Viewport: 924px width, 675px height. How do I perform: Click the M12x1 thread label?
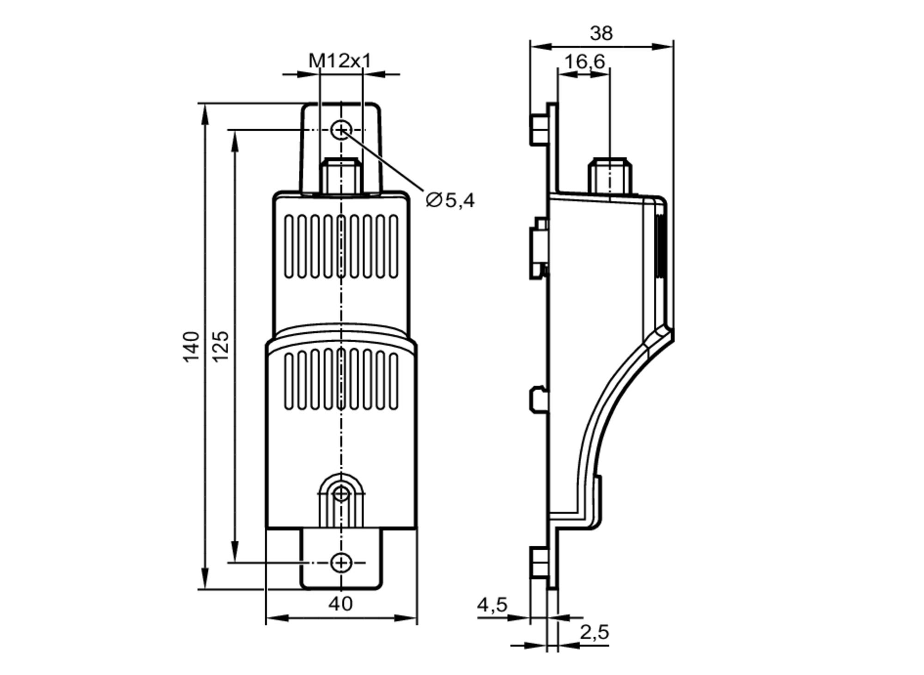pos(340,60)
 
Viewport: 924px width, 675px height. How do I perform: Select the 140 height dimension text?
pos(191,346)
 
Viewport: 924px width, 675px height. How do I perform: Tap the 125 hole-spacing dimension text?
pos(220,346)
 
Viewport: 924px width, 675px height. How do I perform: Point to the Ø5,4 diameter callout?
pos(450,200)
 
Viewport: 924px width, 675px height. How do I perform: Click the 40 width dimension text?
pos(340,603)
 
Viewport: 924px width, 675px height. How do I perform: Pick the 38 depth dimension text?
pos(601,33)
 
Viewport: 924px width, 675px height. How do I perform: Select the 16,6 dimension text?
pos(584,61)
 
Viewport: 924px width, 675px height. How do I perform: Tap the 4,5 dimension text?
pos(492,604)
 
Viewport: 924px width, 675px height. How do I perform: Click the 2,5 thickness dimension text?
pos(595,632)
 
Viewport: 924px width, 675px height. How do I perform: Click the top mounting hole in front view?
pos(341,130)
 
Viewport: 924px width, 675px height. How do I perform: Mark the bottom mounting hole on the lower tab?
pos(341,563)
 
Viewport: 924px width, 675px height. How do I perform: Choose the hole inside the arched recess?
pos(341,494)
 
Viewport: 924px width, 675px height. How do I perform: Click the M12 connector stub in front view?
pos(341,175)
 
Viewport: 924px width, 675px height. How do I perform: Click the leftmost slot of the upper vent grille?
pos(289,247)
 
